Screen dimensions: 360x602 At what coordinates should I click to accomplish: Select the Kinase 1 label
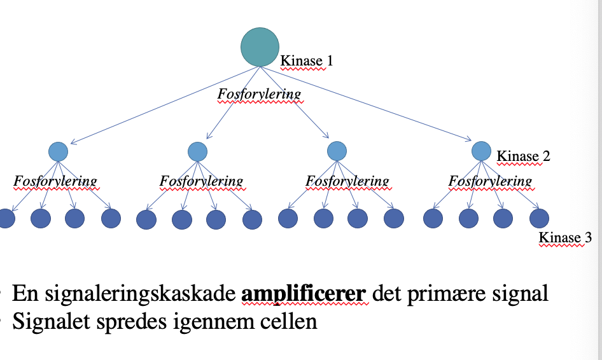pyautogui.click(x=307, y=61)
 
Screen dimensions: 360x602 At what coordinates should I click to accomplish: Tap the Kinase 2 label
pyautogui.click(x=523, y=156)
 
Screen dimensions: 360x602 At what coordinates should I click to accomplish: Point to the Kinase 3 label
pyautogui.click(x=565, y=239)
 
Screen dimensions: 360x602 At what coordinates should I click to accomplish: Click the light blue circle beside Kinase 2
pyautogui.click(x=481, y=151)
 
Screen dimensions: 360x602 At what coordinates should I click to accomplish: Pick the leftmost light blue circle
pyautogui.click(x=58, y=151)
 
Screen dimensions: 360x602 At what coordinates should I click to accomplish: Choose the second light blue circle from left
pyautogui.click(x=198, y=151)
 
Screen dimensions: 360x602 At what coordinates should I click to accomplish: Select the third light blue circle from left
pyautogui.click(x=337, y=151)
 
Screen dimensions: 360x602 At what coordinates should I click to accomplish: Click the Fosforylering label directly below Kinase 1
pyautogui.click(x=259, y=94)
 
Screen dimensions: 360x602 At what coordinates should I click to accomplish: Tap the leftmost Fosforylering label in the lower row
pyautogui.click(x=56, y=181)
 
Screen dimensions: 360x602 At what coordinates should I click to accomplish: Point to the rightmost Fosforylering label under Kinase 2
pyautogui.click(x=490, y=181)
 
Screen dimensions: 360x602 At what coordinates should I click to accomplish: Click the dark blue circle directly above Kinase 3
pyautogui.click(x=540, y=219)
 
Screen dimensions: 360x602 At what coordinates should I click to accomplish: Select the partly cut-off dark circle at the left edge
pyautogui.click(x=6, y=219)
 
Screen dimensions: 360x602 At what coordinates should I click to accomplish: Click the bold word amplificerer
pyautogui.click(x=304, y=294)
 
